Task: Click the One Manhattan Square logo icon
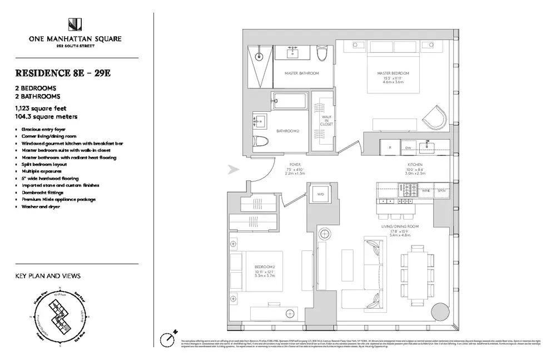(75, 25)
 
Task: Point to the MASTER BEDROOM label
(393, 73)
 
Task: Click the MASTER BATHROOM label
(301, 73)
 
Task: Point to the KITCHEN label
(415, 165)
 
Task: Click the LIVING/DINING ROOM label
(399, 226)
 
